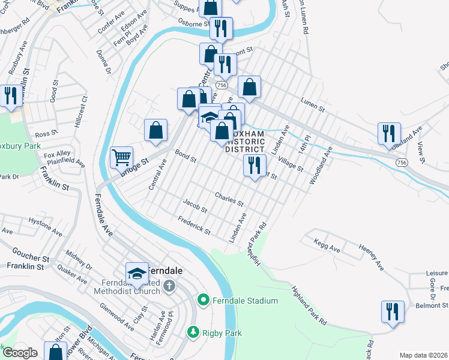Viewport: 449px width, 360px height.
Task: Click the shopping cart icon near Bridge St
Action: click(122, 157)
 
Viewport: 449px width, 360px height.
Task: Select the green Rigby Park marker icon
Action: click(193, 331)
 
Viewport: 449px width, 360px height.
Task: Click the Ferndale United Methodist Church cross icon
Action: click(169, 286)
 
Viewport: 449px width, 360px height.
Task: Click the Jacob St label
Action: click(195, 206)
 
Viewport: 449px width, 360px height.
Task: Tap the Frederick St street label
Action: click(194, 226)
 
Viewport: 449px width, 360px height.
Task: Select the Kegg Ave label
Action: click(327, 244)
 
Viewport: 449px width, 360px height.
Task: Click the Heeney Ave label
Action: click(371, 256)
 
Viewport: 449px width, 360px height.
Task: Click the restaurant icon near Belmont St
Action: click(392, 311)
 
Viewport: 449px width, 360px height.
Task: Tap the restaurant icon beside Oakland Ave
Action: click(388, 133)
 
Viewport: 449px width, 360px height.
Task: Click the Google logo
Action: click(20, 353)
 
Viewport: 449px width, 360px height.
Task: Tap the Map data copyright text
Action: click(423, 355)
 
